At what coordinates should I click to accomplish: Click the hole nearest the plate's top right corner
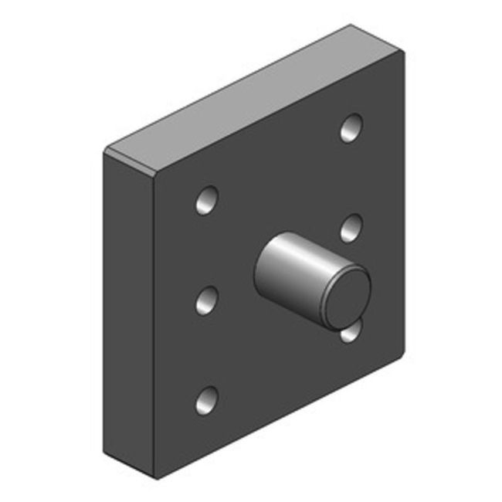pyautogui.click(x=351, y=127)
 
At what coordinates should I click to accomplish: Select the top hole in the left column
pyautogui.click(x=206, y=201)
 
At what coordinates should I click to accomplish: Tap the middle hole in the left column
pyautogui.click(x=206, y=299)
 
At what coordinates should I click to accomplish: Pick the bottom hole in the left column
pyautogui.click(x=206, y=399)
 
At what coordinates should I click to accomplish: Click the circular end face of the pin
pyautogui.click(x=347, y=296)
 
